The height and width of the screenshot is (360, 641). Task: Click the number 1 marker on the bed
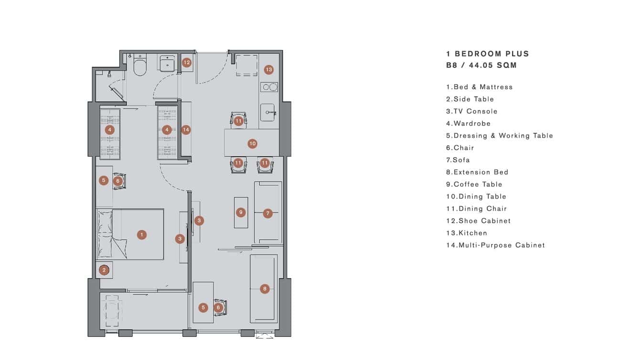[x=142, y=235]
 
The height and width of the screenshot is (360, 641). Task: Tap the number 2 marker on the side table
[x=104, y=270]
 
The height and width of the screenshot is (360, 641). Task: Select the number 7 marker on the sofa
[x=267, y=213]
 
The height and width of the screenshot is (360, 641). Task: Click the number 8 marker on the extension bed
[x=265, y=289]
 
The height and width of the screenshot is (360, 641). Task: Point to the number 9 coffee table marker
[x=241, y=212]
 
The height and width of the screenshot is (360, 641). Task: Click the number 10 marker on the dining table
[x=252, y=144]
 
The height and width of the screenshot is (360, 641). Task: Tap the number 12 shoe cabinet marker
[x=187, y=63]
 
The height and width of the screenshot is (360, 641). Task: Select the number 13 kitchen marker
[x=269, y=70]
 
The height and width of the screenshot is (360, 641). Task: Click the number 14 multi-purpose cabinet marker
[x=186, y=130]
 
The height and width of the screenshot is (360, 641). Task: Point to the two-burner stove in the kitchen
[x=269, y=87]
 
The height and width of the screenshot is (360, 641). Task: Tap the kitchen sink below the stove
[x=268, y=112]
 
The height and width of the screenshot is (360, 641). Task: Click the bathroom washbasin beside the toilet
[x=167, y=64]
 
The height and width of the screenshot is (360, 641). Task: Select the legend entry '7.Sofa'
[x=458, y=160]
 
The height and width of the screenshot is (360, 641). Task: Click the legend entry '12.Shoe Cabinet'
[x=479, y=221]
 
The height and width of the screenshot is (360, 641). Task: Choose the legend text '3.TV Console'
[x=472, y=111]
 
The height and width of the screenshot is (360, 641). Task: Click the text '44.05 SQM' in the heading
[x=493, y=65]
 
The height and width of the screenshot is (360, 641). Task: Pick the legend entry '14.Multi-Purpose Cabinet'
[x=496, y=245]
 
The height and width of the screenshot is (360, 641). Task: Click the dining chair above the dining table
[x=238, y=120]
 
